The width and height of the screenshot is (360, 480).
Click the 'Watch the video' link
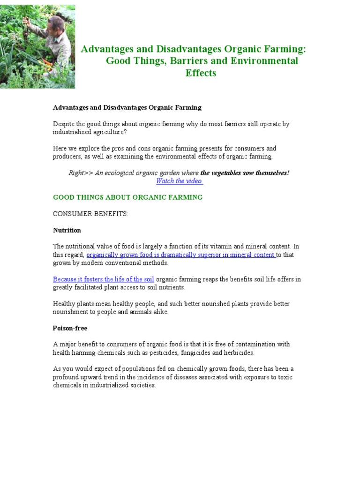180,181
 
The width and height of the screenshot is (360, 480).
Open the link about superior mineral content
180,255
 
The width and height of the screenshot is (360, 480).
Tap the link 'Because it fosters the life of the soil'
103,279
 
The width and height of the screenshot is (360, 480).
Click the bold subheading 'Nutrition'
67,230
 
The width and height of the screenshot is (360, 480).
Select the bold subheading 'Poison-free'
70,328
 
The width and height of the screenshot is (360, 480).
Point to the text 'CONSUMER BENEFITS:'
90,214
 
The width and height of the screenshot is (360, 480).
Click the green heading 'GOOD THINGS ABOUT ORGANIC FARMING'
127,197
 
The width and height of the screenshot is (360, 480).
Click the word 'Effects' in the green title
201,73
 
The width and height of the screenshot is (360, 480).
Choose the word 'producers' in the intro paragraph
67,157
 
